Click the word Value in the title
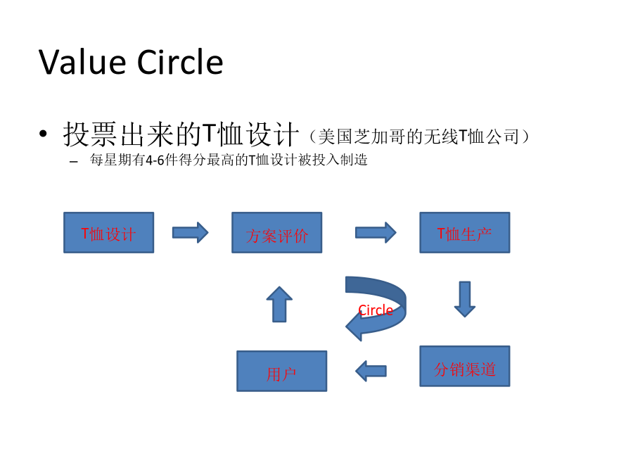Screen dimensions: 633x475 [82, 62]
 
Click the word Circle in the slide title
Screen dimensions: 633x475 [180, 62]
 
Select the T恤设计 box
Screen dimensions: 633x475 [108, 233]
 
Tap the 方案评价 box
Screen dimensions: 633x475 [277, 233]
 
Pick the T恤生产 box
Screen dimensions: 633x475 [465, 233]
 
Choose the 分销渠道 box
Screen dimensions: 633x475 [465, 367]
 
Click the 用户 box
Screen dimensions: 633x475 [282, 371]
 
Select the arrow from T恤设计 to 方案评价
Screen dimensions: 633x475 [190, 233]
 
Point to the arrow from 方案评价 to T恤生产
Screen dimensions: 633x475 [376, 233]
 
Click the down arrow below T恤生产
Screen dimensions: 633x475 [465, 299]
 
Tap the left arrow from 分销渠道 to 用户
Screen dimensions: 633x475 [371, 371]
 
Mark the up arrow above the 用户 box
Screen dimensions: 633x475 [279, 304]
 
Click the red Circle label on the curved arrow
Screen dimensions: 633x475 [376, 310]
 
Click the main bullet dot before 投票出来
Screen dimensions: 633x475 [43, 134]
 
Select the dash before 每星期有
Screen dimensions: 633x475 [73, 162]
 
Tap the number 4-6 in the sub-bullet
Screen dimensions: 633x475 [155, 160]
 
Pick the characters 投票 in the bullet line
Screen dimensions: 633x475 [91, 134]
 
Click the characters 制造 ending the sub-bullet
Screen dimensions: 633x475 [354, 160]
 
